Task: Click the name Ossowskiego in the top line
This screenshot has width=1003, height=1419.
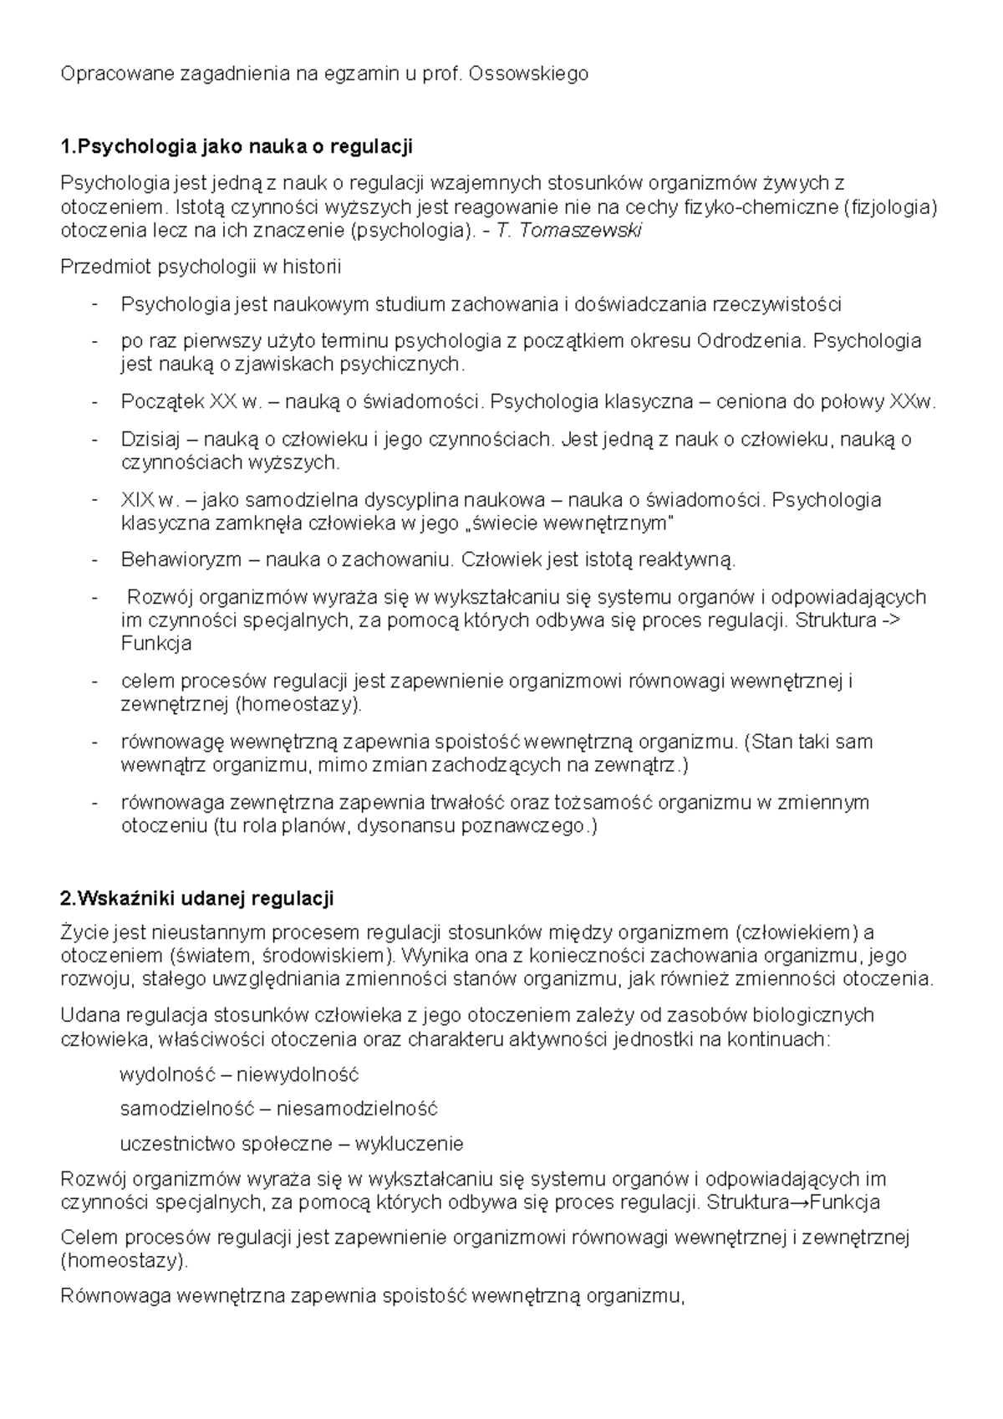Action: [x=528, y=74]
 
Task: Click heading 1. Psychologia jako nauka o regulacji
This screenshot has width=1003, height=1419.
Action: [x=237, y=147]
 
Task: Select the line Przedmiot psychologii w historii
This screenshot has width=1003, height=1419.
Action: [x=201, y=268]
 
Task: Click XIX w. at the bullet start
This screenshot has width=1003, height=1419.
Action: [x=150, y=500]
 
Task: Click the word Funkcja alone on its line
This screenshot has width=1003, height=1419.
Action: [x=156, y=644]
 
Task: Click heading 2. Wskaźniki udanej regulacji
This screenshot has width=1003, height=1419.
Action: [x=197, y=899]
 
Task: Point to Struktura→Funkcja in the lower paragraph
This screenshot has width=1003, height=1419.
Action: [x=792, y=1202]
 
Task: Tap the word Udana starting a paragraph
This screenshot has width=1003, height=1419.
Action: [x=90, y=1015]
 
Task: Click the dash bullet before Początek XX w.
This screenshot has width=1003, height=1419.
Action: [x=95, y=402]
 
